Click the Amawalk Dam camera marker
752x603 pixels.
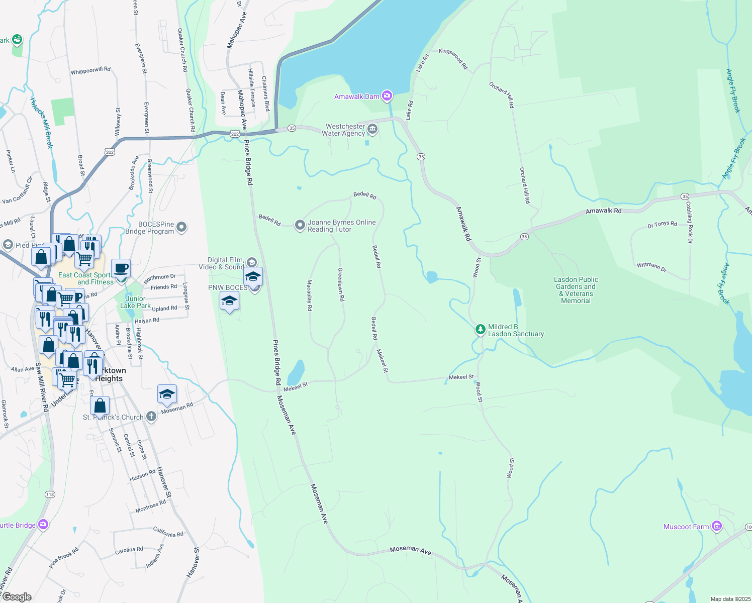[387, 96]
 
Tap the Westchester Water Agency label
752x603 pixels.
[345, 130]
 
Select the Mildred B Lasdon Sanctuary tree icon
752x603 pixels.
[481, 330]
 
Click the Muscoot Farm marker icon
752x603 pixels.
[717, 526]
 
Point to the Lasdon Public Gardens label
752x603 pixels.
[576, 290]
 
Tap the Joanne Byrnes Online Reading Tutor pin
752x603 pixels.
[300, 225]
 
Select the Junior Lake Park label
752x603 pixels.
[135, 302]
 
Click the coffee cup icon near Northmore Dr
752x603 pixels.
[121, 268]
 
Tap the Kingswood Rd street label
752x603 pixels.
[453, 58]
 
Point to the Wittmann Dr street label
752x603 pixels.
[651, 267]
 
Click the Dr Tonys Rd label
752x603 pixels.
[662, 225]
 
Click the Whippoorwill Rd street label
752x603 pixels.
[90, 71]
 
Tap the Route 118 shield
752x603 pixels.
[50, 494]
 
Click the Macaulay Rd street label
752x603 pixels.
[310, 295]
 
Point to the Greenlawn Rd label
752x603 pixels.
[341, 284]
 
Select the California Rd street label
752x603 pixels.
[168, 532]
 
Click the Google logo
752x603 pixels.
[17, 597]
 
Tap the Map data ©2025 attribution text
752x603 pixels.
[728, 599]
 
